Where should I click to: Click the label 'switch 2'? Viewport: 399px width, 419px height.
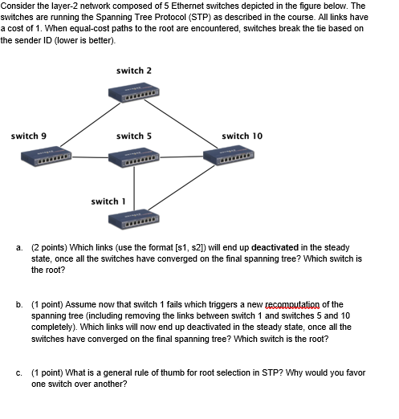(133, 71)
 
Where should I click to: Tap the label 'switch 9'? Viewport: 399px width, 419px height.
(27, 136)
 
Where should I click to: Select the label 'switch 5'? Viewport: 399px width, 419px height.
(133, 136)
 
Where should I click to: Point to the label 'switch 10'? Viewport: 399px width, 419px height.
(241, 136)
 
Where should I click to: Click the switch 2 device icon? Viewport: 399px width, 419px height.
(133, 94)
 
